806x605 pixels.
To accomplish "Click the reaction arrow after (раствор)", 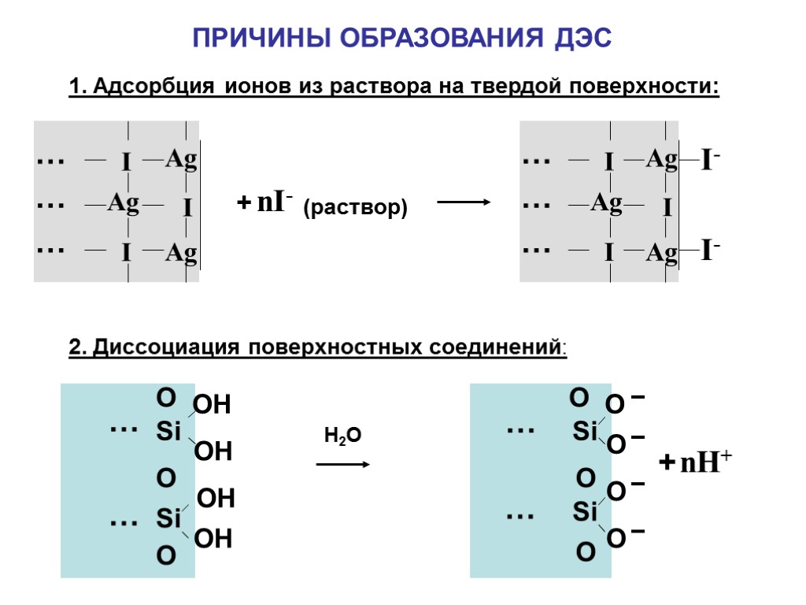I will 464,202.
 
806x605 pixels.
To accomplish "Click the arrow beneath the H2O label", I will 342,465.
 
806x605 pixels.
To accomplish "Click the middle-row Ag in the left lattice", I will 124,204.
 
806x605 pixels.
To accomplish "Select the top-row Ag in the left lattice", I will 181,161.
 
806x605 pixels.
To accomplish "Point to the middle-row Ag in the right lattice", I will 606,204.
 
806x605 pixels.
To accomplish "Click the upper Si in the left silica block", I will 168,432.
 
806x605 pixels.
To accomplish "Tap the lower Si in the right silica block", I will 585,514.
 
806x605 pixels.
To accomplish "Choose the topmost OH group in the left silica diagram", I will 212,406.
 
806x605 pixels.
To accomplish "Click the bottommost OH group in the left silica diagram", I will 213,540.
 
